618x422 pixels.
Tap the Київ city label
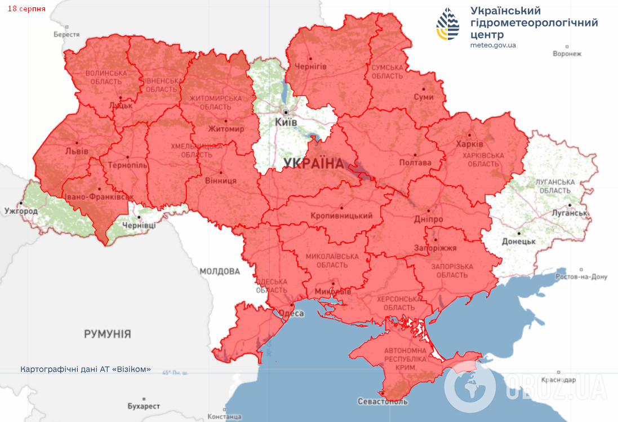tap(286, 122)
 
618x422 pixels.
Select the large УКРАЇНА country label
tap(314, 164)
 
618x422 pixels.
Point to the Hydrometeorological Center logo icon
tap(448, 24)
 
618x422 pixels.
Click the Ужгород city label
tap(21, 211)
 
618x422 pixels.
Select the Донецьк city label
tap(518, 241)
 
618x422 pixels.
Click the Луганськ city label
tap(570, 213)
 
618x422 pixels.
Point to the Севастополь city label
tap(382, 402)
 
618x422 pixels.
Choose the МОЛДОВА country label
tap(220, 271)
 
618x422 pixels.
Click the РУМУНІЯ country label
tap(108, 334)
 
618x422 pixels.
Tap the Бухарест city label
tap(144, 406)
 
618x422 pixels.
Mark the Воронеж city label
tap(567, 54)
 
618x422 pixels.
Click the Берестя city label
tap(67, 34)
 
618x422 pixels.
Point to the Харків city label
tap(469, 143)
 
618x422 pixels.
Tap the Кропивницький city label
tap(341, 216)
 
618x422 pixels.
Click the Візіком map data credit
tap(86, 369)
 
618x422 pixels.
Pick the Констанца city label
tap(224, 417)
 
